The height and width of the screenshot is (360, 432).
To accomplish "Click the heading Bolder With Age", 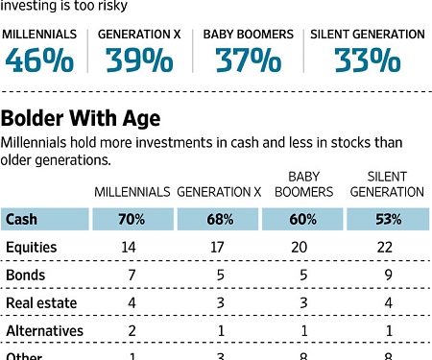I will [81, 120].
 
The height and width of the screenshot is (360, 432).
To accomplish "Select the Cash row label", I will [22, 220].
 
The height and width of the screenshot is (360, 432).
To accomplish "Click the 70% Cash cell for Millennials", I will [132, 220].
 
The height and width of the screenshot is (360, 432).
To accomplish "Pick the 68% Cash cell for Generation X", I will [219, 220].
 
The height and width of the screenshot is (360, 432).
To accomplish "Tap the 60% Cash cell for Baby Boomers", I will [303, 220].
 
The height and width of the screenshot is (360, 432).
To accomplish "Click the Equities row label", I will [32, 248].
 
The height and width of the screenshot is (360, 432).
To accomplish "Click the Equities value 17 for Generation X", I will [219, 248].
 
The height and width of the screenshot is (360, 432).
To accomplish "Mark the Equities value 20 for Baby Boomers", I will [303, 248].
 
